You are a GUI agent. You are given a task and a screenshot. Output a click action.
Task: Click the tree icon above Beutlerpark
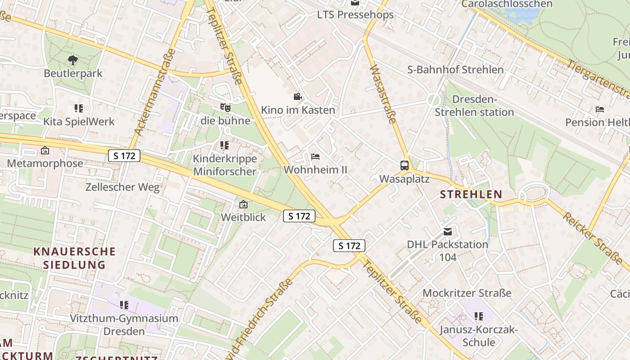(72, 60)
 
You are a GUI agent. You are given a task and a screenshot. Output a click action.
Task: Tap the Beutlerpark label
(73, 73)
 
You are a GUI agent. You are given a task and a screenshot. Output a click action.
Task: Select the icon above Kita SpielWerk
(79, 108)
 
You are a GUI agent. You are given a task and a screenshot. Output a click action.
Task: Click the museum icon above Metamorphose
(45, 150)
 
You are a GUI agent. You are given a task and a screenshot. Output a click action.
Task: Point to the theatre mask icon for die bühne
(225, 108)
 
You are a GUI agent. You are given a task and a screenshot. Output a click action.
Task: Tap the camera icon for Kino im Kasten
(297, 96)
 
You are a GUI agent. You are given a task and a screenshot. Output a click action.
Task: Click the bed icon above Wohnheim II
(315, 157)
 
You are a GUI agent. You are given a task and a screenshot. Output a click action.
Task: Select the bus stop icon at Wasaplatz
(405, 165)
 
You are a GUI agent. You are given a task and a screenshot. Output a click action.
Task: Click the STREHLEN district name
(471, 194)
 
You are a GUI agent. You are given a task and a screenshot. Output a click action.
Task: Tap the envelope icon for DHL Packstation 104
(447, 232)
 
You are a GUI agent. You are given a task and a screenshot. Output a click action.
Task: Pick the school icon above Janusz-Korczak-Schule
(478, 316)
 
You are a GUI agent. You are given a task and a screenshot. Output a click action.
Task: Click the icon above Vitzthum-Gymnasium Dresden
(124, 305)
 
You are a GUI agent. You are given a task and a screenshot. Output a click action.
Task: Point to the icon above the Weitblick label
(243, 204)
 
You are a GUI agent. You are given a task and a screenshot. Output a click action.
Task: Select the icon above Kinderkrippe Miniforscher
(225, 145)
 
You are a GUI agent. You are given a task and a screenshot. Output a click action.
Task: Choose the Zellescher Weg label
(122, 187)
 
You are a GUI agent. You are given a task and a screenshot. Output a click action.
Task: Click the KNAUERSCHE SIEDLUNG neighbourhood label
(74, 258)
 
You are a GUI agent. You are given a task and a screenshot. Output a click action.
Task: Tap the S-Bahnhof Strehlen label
(455, 70)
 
